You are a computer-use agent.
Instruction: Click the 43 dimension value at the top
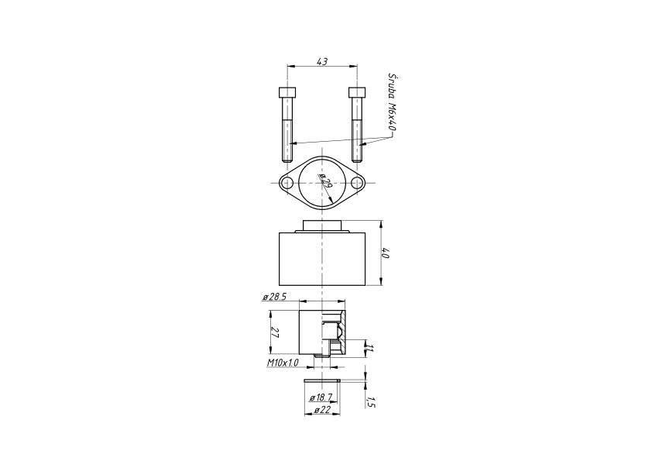[322, 61]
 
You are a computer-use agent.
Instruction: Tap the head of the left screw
[287, 91]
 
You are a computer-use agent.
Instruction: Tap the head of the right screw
[357, 91]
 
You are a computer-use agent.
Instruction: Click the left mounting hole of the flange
[287, 183]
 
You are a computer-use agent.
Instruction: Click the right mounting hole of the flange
[356, 183]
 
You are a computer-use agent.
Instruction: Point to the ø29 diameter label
[325, 183]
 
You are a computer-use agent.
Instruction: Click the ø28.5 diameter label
[274, 297]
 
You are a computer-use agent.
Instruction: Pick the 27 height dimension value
[274, 332]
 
